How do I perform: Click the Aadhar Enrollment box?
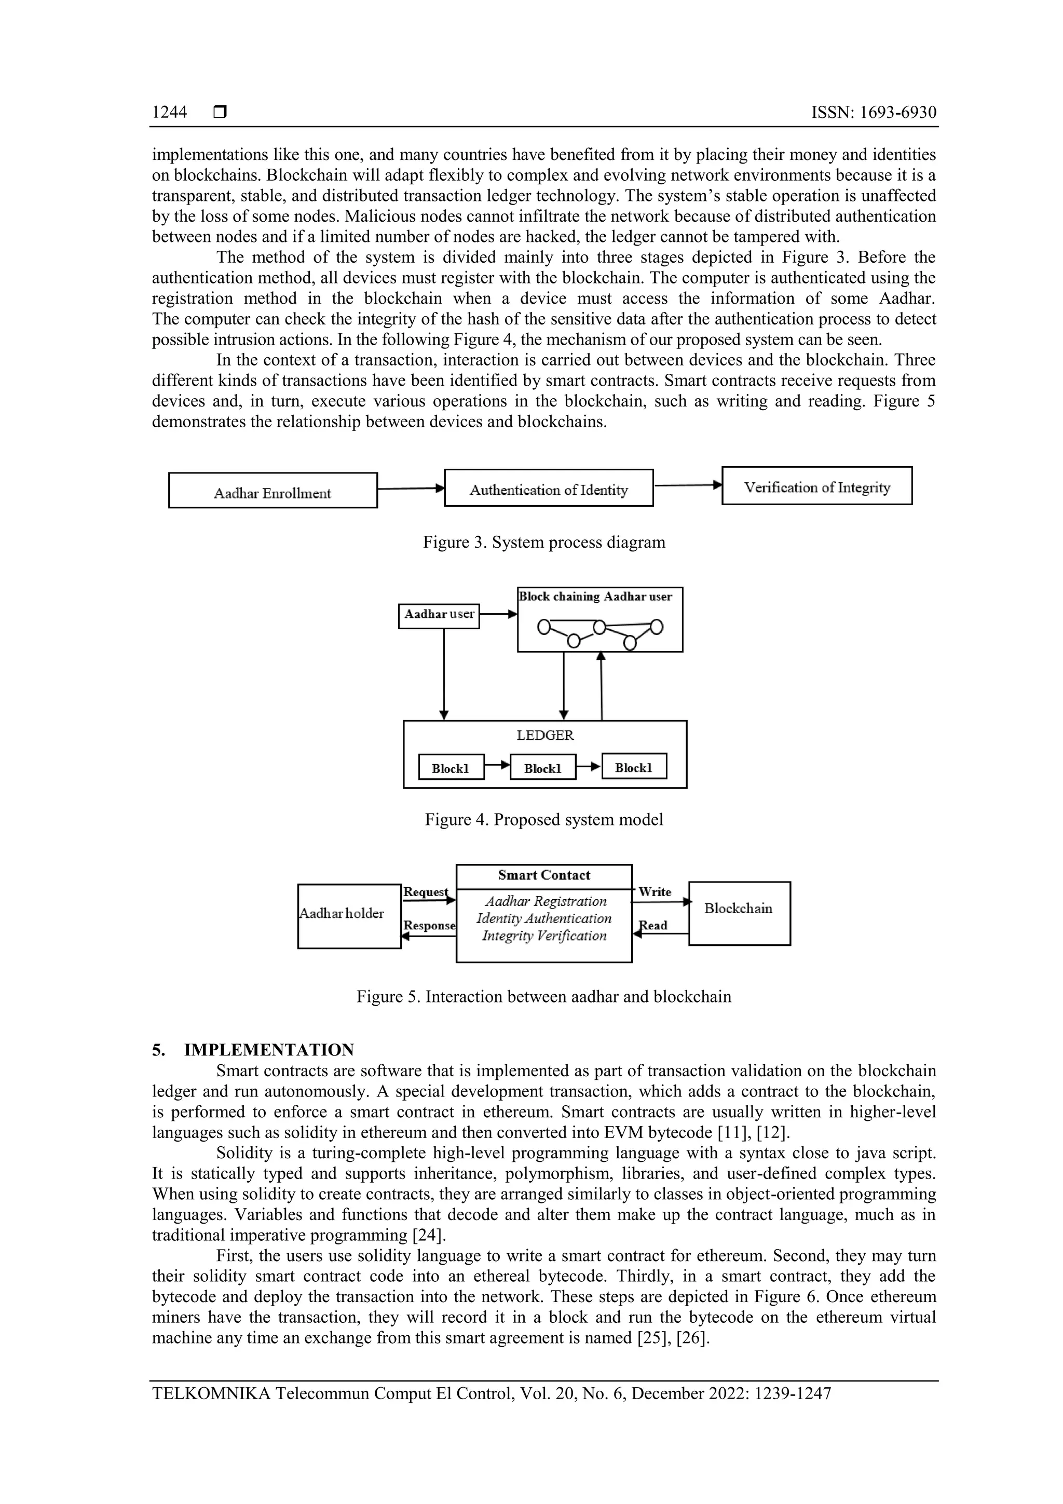coord(272,491)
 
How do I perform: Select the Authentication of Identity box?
coord(548,488)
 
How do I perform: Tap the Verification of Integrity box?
coord(817,486)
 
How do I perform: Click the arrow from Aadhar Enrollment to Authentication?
coord(411,488)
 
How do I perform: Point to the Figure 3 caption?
coord(543,543)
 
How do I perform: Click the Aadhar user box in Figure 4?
coord(439,615)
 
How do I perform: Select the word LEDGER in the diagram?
coord(545,735)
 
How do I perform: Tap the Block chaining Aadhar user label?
coord(595,597)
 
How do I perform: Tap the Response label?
coord(429,926)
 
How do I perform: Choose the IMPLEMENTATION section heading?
coord(268,1050)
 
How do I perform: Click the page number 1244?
coord(170,113)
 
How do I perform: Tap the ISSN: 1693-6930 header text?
coord(874,113)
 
